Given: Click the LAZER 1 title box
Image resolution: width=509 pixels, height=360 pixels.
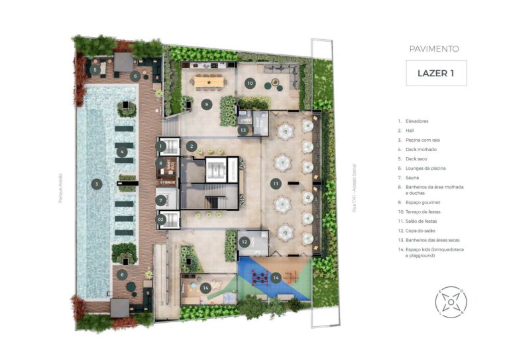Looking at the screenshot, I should (435, 73).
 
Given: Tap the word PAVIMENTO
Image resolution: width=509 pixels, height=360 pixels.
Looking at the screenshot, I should (434, 48).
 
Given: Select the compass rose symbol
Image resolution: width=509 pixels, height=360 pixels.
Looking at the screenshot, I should (451, 302).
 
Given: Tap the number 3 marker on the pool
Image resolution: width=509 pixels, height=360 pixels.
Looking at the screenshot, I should (97, 184).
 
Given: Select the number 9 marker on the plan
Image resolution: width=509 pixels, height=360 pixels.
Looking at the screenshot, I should (206, 103).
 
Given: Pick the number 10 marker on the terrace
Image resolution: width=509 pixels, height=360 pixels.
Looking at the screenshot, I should (250, 83).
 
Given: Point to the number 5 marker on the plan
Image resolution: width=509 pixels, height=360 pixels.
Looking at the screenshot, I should (95, 68).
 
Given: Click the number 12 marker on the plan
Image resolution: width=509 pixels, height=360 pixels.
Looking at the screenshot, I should (244, 243).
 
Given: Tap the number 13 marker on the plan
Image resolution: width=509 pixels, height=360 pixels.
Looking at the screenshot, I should (244, 130).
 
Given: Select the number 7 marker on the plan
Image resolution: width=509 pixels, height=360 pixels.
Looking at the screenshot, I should (160, 200).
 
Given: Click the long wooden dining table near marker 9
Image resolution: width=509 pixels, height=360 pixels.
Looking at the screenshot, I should (209, 81).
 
